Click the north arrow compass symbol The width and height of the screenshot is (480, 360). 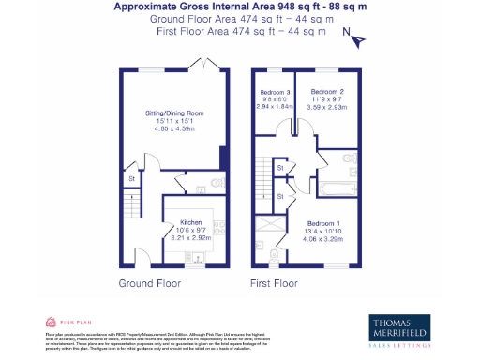[x=355, y=37]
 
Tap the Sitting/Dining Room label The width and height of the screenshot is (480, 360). [x=173, y=112]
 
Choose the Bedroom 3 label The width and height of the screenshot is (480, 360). [x=275, y=91]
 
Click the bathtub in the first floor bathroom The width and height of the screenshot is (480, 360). [x=335, y=187]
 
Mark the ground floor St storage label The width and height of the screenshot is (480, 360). [x=132, y=177]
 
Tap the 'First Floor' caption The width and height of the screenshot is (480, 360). [x=274, y=282]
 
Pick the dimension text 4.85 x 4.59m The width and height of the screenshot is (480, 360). [x=173, y=128]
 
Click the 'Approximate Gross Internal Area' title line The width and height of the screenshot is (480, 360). [x=228, y=7]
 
